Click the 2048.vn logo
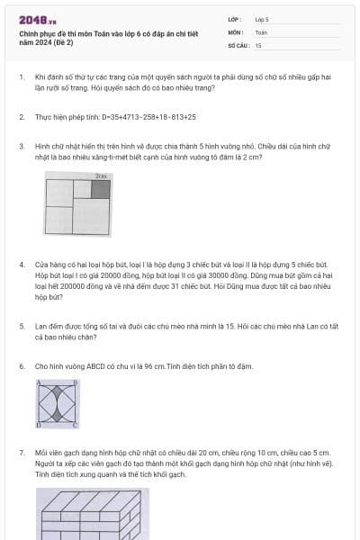(x=38, y=21)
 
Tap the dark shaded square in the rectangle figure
(x=101, y=189)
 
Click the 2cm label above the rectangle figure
(x=101, y=176)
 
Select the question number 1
(x=22, y=77)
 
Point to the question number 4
(x=22, y=265)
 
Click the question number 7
(x=22, y=453)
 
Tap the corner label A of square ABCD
(x=39, y=382)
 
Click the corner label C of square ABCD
(x=75, y=426)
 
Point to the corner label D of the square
(x=39, y=426)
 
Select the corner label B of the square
(x=76, y=382)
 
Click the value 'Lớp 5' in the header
(x=262, y=20)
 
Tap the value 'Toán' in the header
(x=261, y=32)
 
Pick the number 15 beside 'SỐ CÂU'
(x=258, y=46)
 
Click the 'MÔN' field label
(x=236, y=32)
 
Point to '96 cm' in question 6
(x=155, y=366)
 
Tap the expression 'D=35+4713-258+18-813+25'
(x=148, y=117)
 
